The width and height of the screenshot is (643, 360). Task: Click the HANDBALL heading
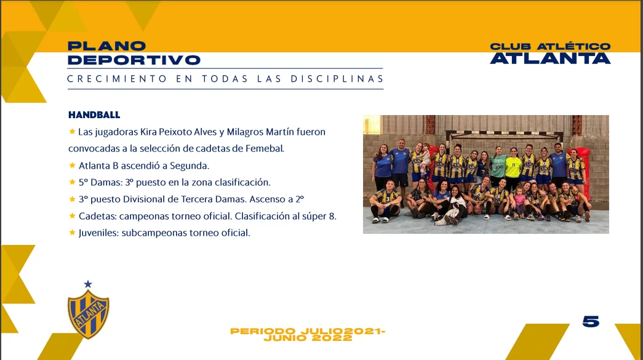(94, 115)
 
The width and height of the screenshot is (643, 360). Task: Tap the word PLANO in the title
(106, 46)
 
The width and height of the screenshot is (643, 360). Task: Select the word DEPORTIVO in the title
(134, 60)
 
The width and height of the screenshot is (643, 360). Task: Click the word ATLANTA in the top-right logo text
(550, 58)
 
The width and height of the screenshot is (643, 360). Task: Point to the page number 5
(591, 321)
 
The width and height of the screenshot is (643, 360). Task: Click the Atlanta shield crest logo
(88, 314)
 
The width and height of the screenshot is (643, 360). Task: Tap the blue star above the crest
(88, 284)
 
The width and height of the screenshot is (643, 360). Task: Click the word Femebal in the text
(265, 148)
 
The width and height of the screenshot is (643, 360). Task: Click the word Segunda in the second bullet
(190, 166)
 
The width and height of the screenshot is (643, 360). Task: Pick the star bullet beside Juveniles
(72, 233)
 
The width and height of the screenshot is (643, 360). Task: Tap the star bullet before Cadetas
(72, 215)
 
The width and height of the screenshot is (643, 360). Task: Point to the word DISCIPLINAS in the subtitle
(337, 79)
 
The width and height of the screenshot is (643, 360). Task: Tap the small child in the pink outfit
(519, 202)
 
